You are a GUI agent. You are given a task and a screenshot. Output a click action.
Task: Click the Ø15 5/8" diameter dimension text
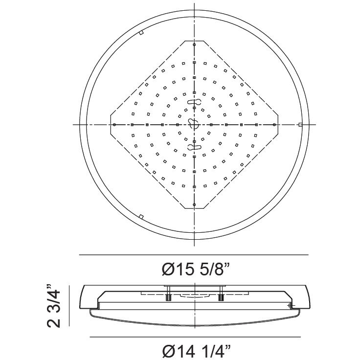point(194,269)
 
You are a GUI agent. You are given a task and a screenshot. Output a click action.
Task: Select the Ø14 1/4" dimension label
point(194,350)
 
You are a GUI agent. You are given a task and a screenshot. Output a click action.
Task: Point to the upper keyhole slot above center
point(194,102)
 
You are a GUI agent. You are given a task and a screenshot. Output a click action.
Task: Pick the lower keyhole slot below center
point(194,146)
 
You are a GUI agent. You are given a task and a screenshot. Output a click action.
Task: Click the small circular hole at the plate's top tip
point(194,45)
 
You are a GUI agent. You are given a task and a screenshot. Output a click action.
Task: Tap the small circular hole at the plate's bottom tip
point(194,204)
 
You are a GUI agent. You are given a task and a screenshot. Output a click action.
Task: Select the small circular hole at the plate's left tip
point(114,125)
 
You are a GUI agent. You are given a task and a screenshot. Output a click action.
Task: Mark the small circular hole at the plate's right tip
point(274,125)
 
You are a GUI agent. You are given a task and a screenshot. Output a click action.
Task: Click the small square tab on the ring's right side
point(300,125)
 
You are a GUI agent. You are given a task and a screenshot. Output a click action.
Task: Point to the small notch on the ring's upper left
point(140,33)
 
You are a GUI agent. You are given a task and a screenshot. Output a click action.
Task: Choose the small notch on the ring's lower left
point(141,216)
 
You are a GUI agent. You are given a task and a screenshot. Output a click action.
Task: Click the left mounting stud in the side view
point(168,296)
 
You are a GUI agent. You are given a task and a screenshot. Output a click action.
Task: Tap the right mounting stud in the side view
point(221,296)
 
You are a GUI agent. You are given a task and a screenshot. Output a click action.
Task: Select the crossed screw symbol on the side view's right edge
point(291,306)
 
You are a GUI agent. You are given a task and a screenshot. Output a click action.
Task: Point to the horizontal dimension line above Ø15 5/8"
point(194,255)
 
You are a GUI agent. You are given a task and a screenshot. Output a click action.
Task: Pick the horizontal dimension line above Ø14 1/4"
point(194,337)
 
